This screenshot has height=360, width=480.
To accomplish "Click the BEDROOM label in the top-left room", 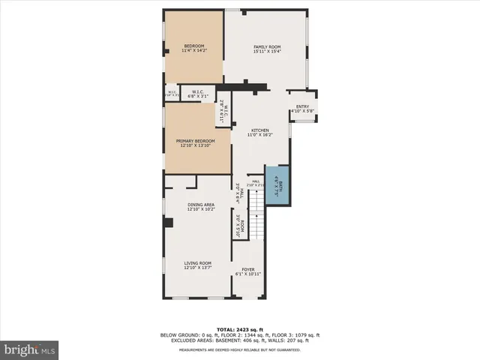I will [193, 46].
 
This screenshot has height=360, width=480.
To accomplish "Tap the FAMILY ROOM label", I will [266, 46].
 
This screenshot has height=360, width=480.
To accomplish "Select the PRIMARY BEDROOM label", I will [195, 141].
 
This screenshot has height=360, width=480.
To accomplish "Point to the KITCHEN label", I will [260, 130].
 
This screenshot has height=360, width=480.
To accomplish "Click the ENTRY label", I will [302, 106].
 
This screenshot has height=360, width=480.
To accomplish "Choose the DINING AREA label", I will [201, 205].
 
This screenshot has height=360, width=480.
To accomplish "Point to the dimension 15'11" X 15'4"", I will [266, 52].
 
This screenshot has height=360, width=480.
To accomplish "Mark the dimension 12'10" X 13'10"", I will [195, 146].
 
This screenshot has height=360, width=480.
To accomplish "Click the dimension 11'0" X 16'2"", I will [260, 135].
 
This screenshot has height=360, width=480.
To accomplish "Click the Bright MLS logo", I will [29, 349].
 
